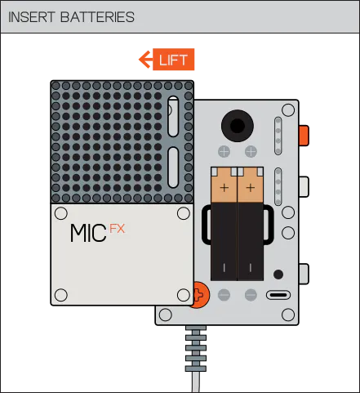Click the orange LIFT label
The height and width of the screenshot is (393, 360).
point(173,60)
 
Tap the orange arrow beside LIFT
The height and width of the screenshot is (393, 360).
point(145,60)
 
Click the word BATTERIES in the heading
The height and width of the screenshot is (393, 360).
point(97,17)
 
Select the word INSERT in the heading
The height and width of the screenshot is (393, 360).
point(32,17)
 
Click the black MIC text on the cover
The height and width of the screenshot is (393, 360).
point(88,233)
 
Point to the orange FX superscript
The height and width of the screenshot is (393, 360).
point(118,229)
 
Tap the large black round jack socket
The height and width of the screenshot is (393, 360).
point(238,126)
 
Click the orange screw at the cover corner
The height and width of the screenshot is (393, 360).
point(202,295)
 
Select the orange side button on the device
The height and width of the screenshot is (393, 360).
point(304,136)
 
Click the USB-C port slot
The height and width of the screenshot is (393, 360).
point(278,295)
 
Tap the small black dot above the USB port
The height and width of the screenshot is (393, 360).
point(278,275)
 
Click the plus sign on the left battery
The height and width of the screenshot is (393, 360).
point(224,188)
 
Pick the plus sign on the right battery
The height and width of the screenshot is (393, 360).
point(251,188)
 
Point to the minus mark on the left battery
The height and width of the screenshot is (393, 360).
point(224,268)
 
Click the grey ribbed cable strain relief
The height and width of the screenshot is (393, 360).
point(196,349)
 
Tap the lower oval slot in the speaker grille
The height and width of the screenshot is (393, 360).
point(173,167)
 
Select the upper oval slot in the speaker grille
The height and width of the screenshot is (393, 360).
point(173,116)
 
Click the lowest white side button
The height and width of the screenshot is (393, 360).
point(304,274)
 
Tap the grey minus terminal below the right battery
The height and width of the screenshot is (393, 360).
point(251,295)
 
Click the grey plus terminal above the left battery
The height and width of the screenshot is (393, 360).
point(224,152)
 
